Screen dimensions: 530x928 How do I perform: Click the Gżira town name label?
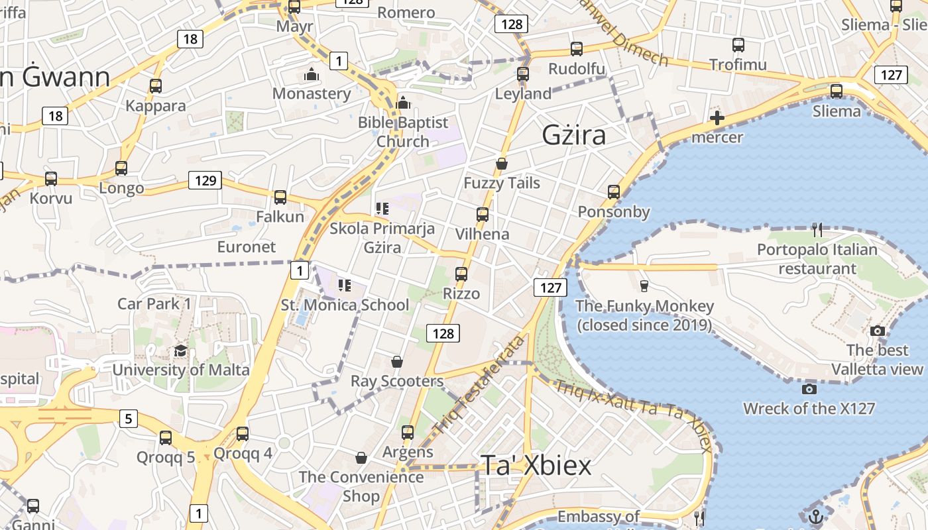[x=574, y=135]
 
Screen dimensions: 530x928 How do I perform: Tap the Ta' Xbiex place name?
[x=536, y=466]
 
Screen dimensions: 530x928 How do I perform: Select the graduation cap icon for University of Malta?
[x=180, y=351]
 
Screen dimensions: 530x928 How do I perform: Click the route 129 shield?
[x=204, y=180]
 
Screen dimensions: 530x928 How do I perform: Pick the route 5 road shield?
[x=129, y=419]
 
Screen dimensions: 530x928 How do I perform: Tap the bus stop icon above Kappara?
[x=156, y=86]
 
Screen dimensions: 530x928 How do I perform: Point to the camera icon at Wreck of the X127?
[x=809, y=389]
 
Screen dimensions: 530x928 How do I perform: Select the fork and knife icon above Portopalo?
[x=817, y=230]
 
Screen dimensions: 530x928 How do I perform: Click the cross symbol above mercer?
[x=717, y=119]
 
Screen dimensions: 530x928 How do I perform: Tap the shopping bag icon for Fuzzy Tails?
[x=502, y=164]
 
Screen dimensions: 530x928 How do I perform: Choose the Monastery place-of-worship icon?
[x=312, y=74]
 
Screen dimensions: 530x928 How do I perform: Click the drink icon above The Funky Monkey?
[x=644, y=286]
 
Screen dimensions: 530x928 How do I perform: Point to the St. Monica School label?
[x=345, y=305]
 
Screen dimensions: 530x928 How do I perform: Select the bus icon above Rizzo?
[x=461, y=274]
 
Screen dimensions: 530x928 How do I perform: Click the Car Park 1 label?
[x=154, y=304]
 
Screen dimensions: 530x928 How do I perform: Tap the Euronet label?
[x=246, y=247]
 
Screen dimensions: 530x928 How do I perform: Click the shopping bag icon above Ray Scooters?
[x=396, y=362]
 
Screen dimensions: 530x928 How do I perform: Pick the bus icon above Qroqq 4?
[x=243, y=434]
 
